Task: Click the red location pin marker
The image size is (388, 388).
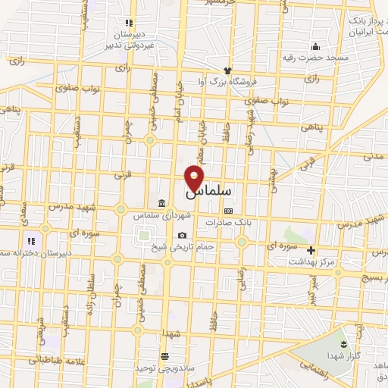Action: [x=194, y=177]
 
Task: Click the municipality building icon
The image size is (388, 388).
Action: [x=164, y=202]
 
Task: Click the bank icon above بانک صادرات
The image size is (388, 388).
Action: [x=228, y=211]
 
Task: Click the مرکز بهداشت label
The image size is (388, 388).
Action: [x=309, y=261]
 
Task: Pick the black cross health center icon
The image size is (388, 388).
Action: [x=310, y=250]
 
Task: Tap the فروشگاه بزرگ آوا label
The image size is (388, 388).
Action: [x=227, y=81]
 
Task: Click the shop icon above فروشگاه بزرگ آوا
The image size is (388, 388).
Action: [x=227, y=70]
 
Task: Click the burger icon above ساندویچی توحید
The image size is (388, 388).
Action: [x=164, y=356]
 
